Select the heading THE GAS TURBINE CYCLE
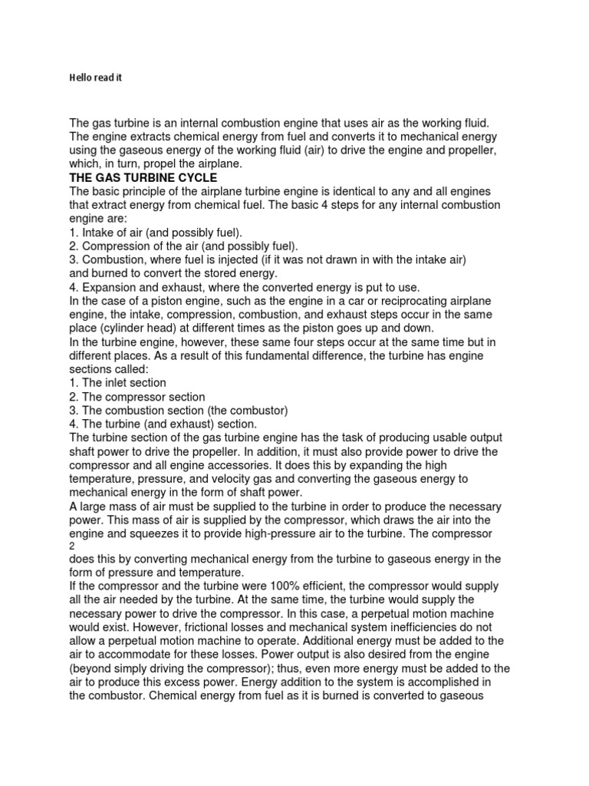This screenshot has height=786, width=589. [143, 177]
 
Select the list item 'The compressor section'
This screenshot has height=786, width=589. [137, 397]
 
